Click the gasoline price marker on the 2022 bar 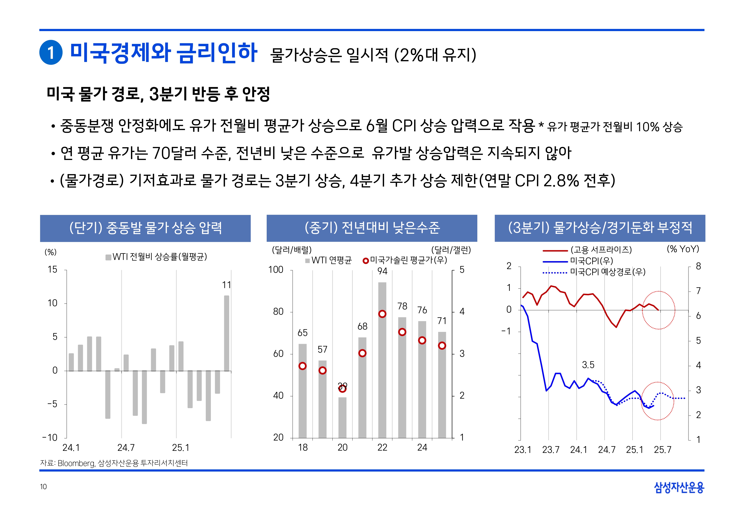[x=382, y=314]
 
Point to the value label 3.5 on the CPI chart [x=588, y=365]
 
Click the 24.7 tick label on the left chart [x=126, y=447]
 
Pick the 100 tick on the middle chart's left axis [x=276, y=270]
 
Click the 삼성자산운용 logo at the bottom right [x=679, y=487]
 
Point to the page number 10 [x=43, y=487]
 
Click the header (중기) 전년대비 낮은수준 [x=372, y=228]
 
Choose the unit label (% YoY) [x=683, y=249]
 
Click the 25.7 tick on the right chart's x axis [x=662, y=450]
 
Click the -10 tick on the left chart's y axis [x=50, y=438]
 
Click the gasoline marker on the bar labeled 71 [x=442, y=346]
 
